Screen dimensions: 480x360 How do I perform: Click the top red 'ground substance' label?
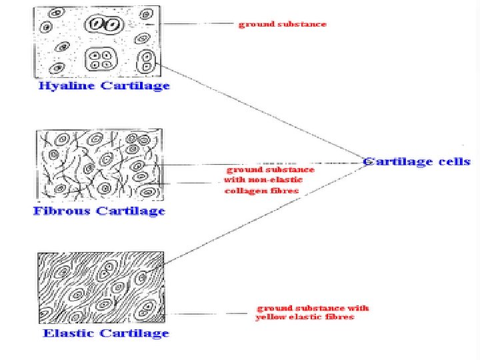point(283,24)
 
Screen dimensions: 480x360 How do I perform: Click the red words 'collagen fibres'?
point(262,191)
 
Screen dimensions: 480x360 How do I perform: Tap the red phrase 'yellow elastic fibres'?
point(305,317)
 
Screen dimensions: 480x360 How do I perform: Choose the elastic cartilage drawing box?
point(100,287)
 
